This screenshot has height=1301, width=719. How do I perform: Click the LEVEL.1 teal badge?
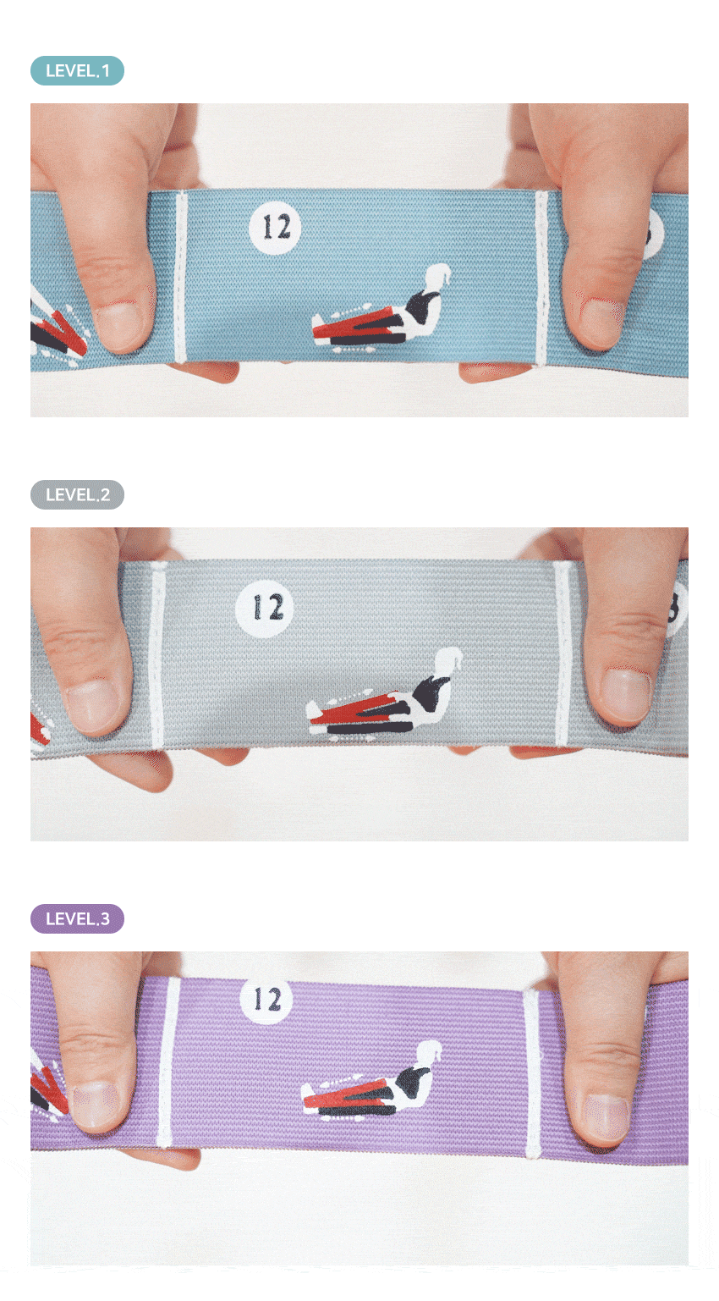click(x=77, y=71)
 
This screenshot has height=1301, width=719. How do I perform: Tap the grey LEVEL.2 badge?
click(x=77, y=495)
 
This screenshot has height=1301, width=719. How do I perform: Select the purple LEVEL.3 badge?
click(x=77, y=919)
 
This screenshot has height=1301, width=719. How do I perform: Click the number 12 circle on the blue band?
click(x=275, y=228)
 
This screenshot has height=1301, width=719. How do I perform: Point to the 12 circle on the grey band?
click(x=265, y=609)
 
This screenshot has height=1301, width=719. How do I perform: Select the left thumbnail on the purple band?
click(x=96, y=1106)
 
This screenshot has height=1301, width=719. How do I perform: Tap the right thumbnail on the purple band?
click(x=606, y=1118)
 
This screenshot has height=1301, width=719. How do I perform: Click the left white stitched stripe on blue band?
click(x=180, y=276)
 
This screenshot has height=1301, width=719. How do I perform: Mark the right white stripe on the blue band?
click(x=541, y=278)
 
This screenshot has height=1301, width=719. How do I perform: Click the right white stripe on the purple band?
click(x=531, y=1074)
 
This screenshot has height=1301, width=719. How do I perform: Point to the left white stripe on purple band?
click(x=168, y=1063)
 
